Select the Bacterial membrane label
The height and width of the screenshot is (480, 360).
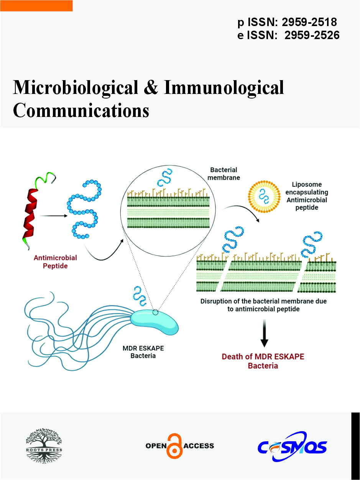pos(224,173)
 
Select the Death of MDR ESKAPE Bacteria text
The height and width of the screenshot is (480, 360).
pos(263,361)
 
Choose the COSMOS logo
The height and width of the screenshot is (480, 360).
pos(292,446)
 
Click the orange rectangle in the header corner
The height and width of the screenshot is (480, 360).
pos(36,5)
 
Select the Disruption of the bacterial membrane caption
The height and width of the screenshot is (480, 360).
pos(263,305)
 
